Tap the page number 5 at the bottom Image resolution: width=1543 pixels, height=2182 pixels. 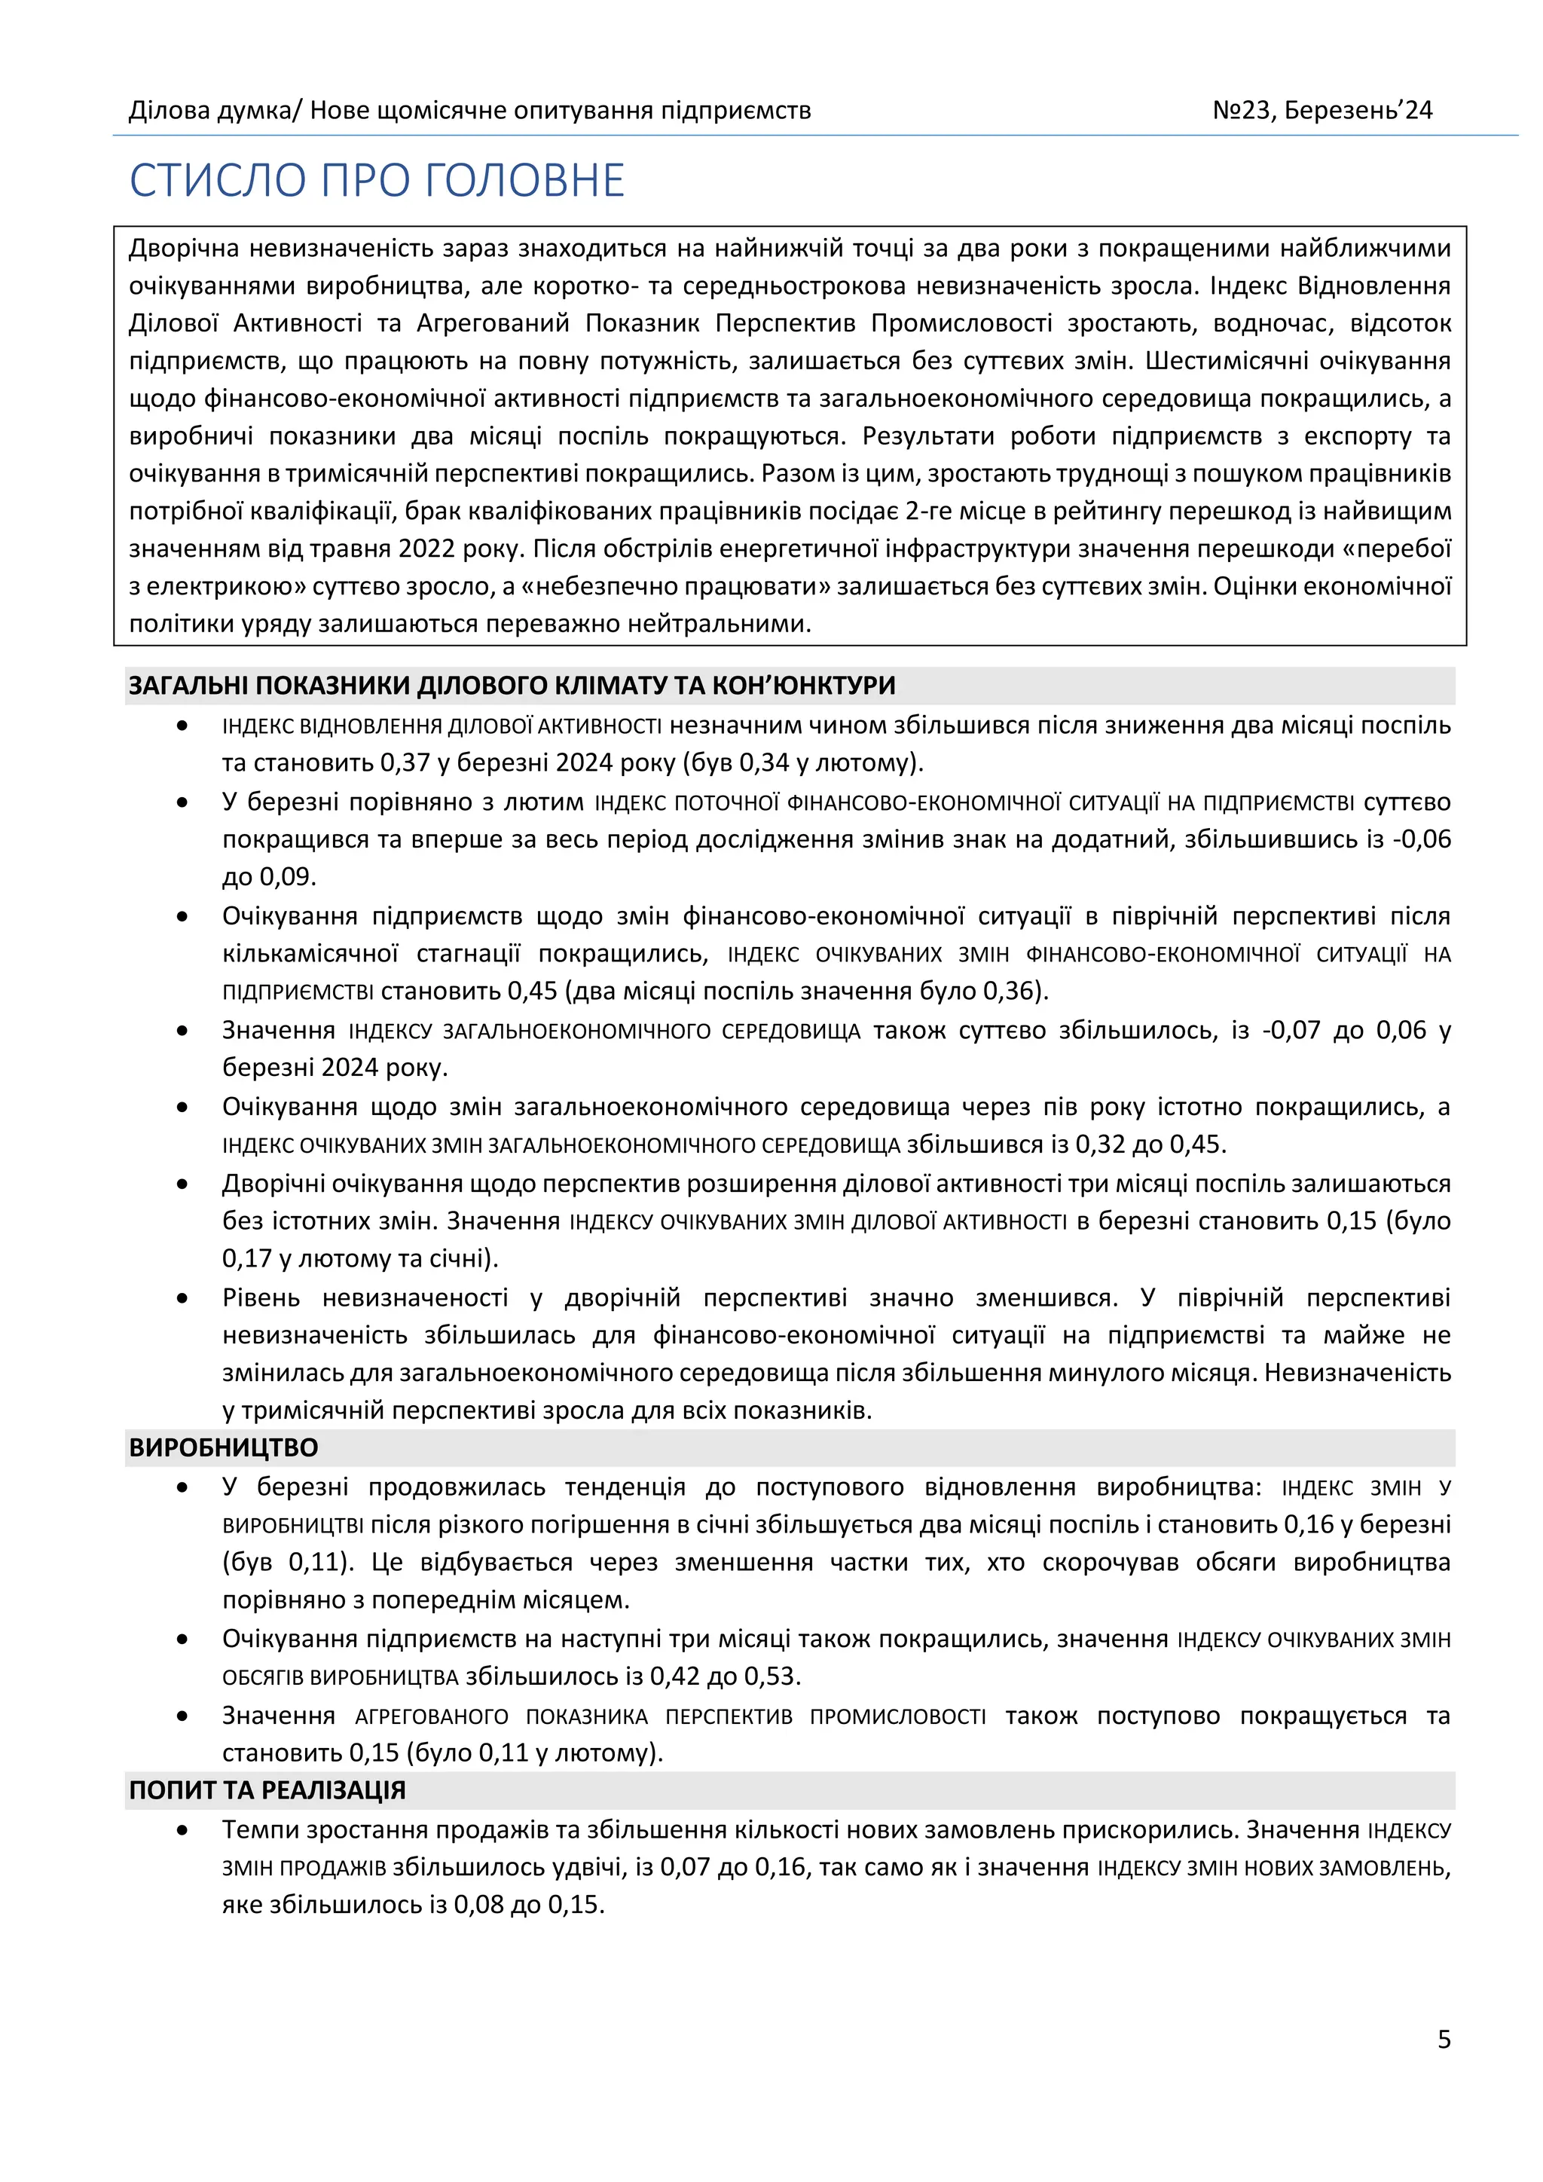click(x=1444, y=2039)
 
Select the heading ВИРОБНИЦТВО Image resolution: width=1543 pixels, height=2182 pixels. click(x=223, y=1447)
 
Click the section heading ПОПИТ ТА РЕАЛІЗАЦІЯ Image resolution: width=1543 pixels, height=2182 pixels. click(x=267, y=1789)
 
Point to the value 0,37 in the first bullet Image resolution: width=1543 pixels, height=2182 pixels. click(x=405, y=762)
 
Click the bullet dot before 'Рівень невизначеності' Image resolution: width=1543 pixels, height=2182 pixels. click(x=182, y=1298)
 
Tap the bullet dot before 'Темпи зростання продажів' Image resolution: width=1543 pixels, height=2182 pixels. click(x=182, y=1829)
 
